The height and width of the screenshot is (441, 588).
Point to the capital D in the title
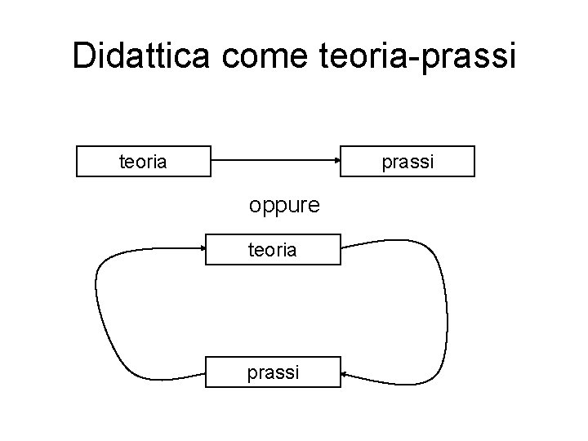point(83,56)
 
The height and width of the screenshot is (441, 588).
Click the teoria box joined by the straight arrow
point(144,162)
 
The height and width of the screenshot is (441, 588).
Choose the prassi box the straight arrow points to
point(407,162)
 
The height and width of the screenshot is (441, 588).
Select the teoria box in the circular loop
point(272,250)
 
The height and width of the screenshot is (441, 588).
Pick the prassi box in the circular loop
point(272,372)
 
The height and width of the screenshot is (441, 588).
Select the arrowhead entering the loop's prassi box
point(344,374)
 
